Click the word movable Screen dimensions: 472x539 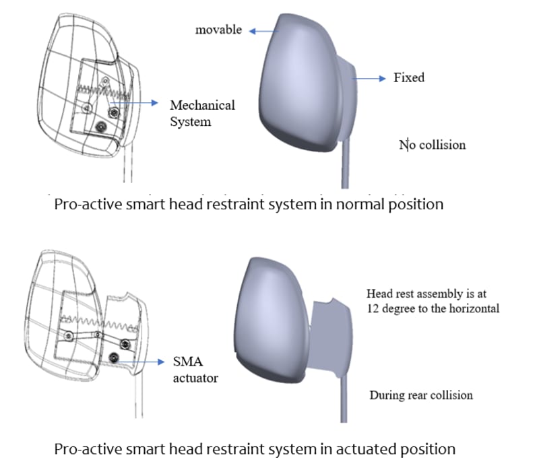218,30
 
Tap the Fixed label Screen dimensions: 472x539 409,77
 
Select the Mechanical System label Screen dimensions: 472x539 202,113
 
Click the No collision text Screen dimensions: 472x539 432,144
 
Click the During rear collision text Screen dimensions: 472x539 420,395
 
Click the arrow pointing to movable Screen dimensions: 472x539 262,30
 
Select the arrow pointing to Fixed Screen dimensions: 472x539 371,78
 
